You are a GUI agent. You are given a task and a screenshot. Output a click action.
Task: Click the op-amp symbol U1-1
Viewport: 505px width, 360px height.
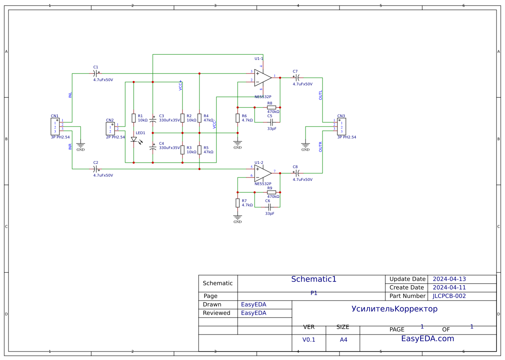[262, 78]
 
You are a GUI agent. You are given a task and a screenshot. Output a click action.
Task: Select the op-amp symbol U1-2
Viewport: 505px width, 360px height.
[262, 173]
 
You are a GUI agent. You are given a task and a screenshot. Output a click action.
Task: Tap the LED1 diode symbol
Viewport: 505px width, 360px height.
[134, 139]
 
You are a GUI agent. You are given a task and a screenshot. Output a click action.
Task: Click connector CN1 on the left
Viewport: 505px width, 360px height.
[55, 127]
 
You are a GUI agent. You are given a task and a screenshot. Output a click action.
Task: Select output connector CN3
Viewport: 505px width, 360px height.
[342, 127]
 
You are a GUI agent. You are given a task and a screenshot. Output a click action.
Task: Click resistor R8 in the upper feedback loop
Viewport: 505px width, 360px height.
[272, 107]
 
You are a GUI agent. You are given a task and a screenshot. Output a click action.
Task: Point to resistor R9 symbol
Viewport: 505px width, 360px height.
[272, 192]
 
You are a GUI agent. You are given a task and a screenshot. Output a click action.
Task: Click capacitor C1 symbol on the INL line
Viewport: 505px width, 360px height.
[96, 73]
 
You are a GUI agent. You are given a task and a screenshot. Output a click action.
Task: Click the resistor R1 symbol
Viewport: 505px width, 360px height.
[134, 118]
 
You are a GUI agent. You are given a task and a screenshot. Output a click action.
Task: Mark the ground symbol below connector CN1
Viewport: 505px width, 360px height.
[81, 146]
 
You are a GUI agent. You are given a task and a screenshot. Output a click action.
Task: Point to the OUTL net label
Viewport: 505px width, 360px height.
[320, 95]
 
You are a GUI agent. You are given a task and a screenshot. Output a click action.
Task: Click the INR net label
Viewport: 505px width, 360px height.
[70, 146]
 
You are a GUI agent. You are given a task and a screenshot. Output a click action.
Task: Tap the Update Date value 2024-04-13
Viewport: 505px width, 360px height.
[449, 279]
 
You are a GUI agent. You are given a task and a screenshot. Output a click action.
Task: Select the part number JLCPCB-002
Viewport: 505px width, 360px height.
[449, 296]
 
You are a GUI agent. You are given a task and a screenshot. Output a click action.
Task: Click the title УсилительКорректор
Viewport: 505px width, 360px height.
[394, 309]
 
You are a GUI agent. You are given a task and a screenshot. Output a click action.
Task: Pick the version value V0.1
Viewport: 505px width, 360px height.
[309, 340]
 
